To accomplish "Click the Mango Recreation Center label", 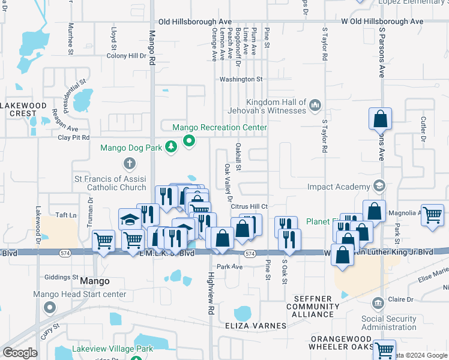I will [219, 128].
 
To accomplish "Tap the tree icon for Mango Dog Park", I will [171, 147].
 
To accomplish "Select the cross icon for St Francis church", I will [129, 163].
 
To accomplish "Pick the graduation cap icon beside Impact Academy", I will [378, 186].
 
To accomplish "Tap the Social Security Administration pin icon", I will [378, 302].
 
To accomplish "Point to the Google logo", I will [20, 353].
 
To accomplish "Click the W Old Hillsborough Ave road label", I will [382, 22].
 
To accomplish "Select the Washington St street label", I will [241, 79].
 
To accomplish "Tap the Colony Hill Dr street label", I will [126, 56].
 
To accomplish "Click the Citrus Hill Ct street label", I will [249, 206].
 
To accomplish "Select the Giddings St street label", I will [62, 277].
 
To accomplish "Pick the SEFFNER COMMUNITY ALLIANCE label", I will [317, 307].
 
